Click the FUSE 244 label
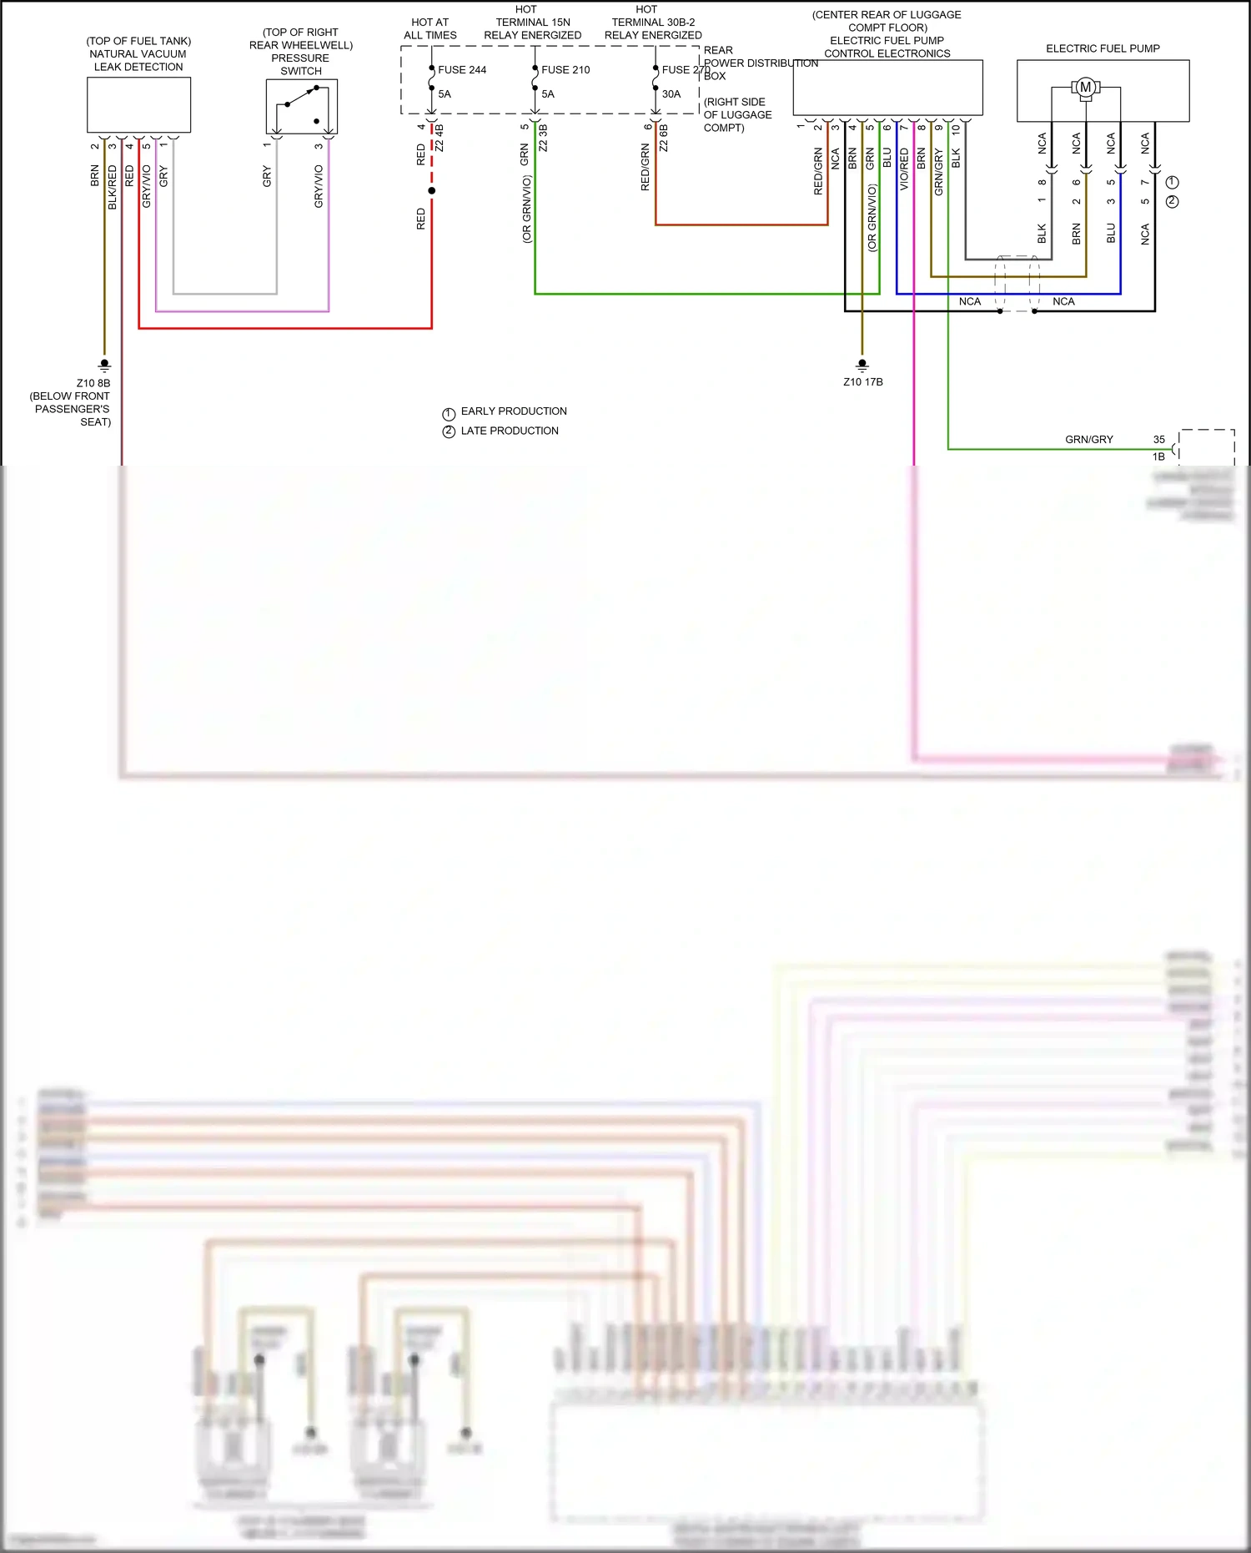(462, 70)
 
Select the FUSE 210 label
(565, 70)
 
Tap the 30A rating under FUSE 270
(671, 94)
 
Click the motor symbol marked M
(1085, 87)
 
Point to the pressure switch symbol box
(302, 107)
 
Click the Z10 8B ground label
(93, 384)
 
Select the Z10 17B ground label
(863, 382)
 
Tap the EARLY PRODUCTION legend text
(514, 411)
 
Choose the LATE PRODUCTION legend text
(510, 431)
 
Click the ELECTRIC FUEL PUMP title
(1103, 48)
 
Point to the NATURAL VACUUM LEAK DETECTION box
(138, 105)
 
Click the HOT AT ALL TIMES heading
(430, 29)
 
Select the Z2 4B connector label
(440, 138)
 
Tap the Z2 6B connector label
(664, 138)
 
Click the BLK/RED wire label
(113, 188)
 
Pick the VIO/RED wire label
(904, 169)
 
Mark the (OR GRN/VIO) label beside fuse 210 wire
(526, 209)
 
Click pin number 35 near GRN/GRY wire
(1159, 440)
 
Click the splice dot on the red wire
(431, 191)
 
